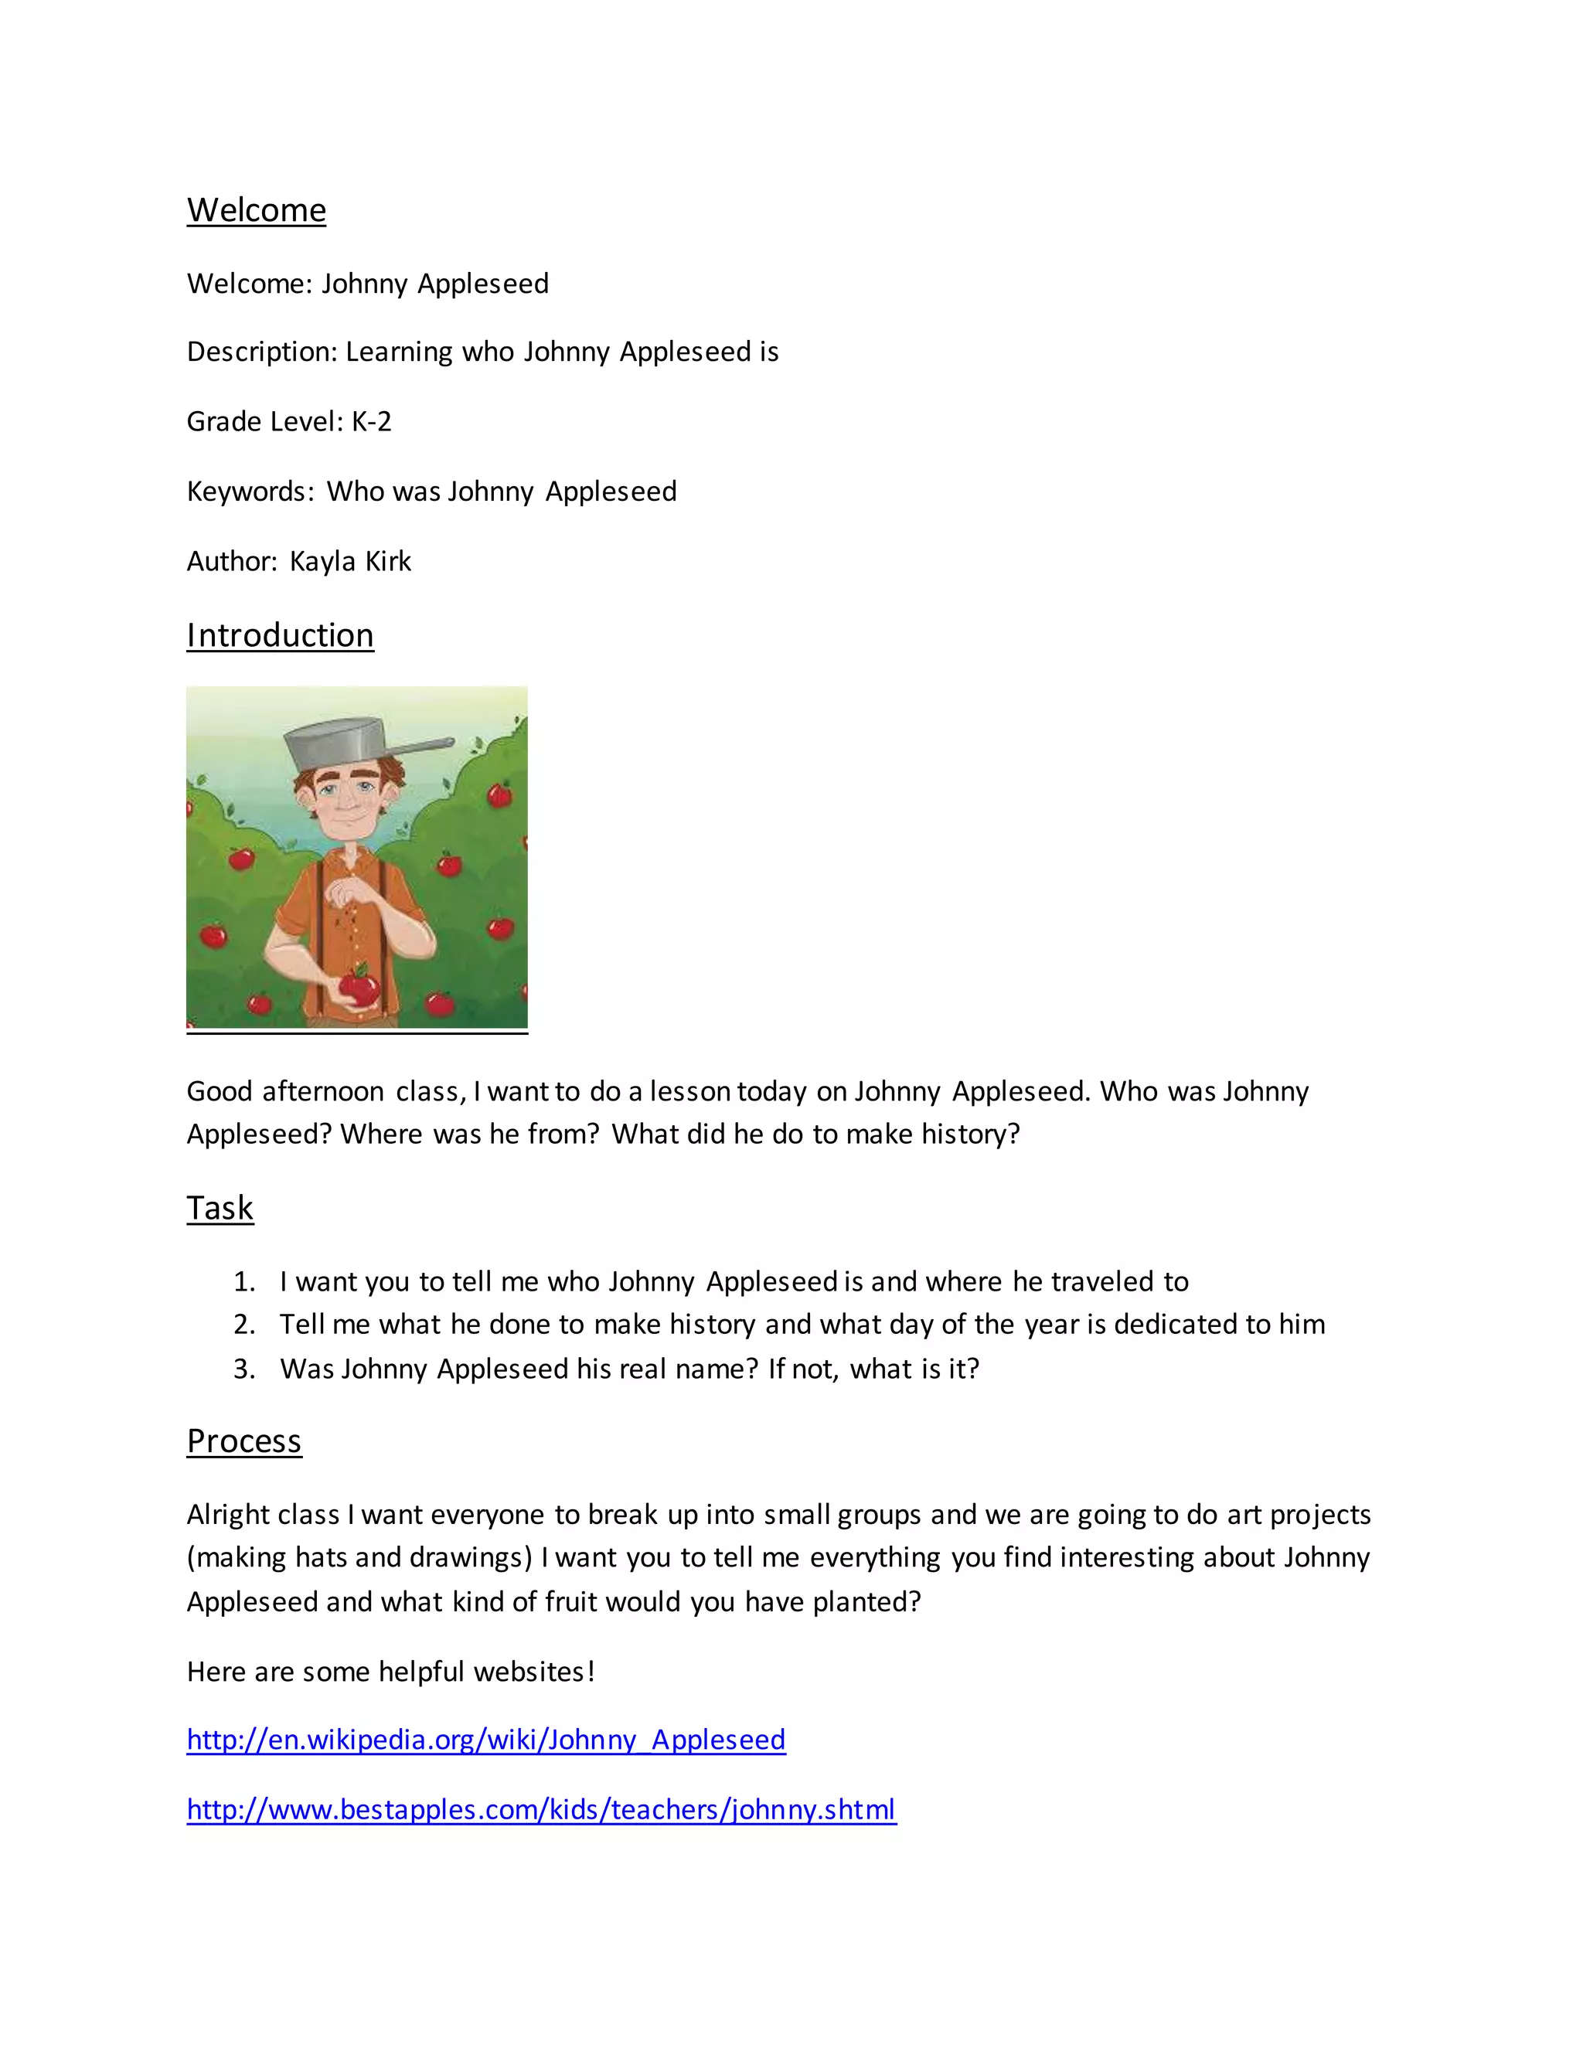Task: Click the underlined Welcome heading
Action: tap(256, 210)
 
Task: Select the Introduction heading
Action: tap(280, 634)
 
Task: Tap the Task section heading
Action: tap(220, 1208)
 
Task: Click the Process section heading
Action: tap(243, 1441)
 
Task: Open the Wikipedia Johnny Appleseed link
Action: tap(485, 1740)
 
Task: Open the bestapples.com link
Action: tap(541, 1809)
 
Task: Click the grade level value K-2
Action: tap(371, 422)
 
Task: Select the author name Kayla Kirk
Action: tap(350, 561)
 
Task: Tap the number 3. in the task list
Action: tap(243, 1369)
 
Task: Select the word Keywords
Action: tap(247, 492)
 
